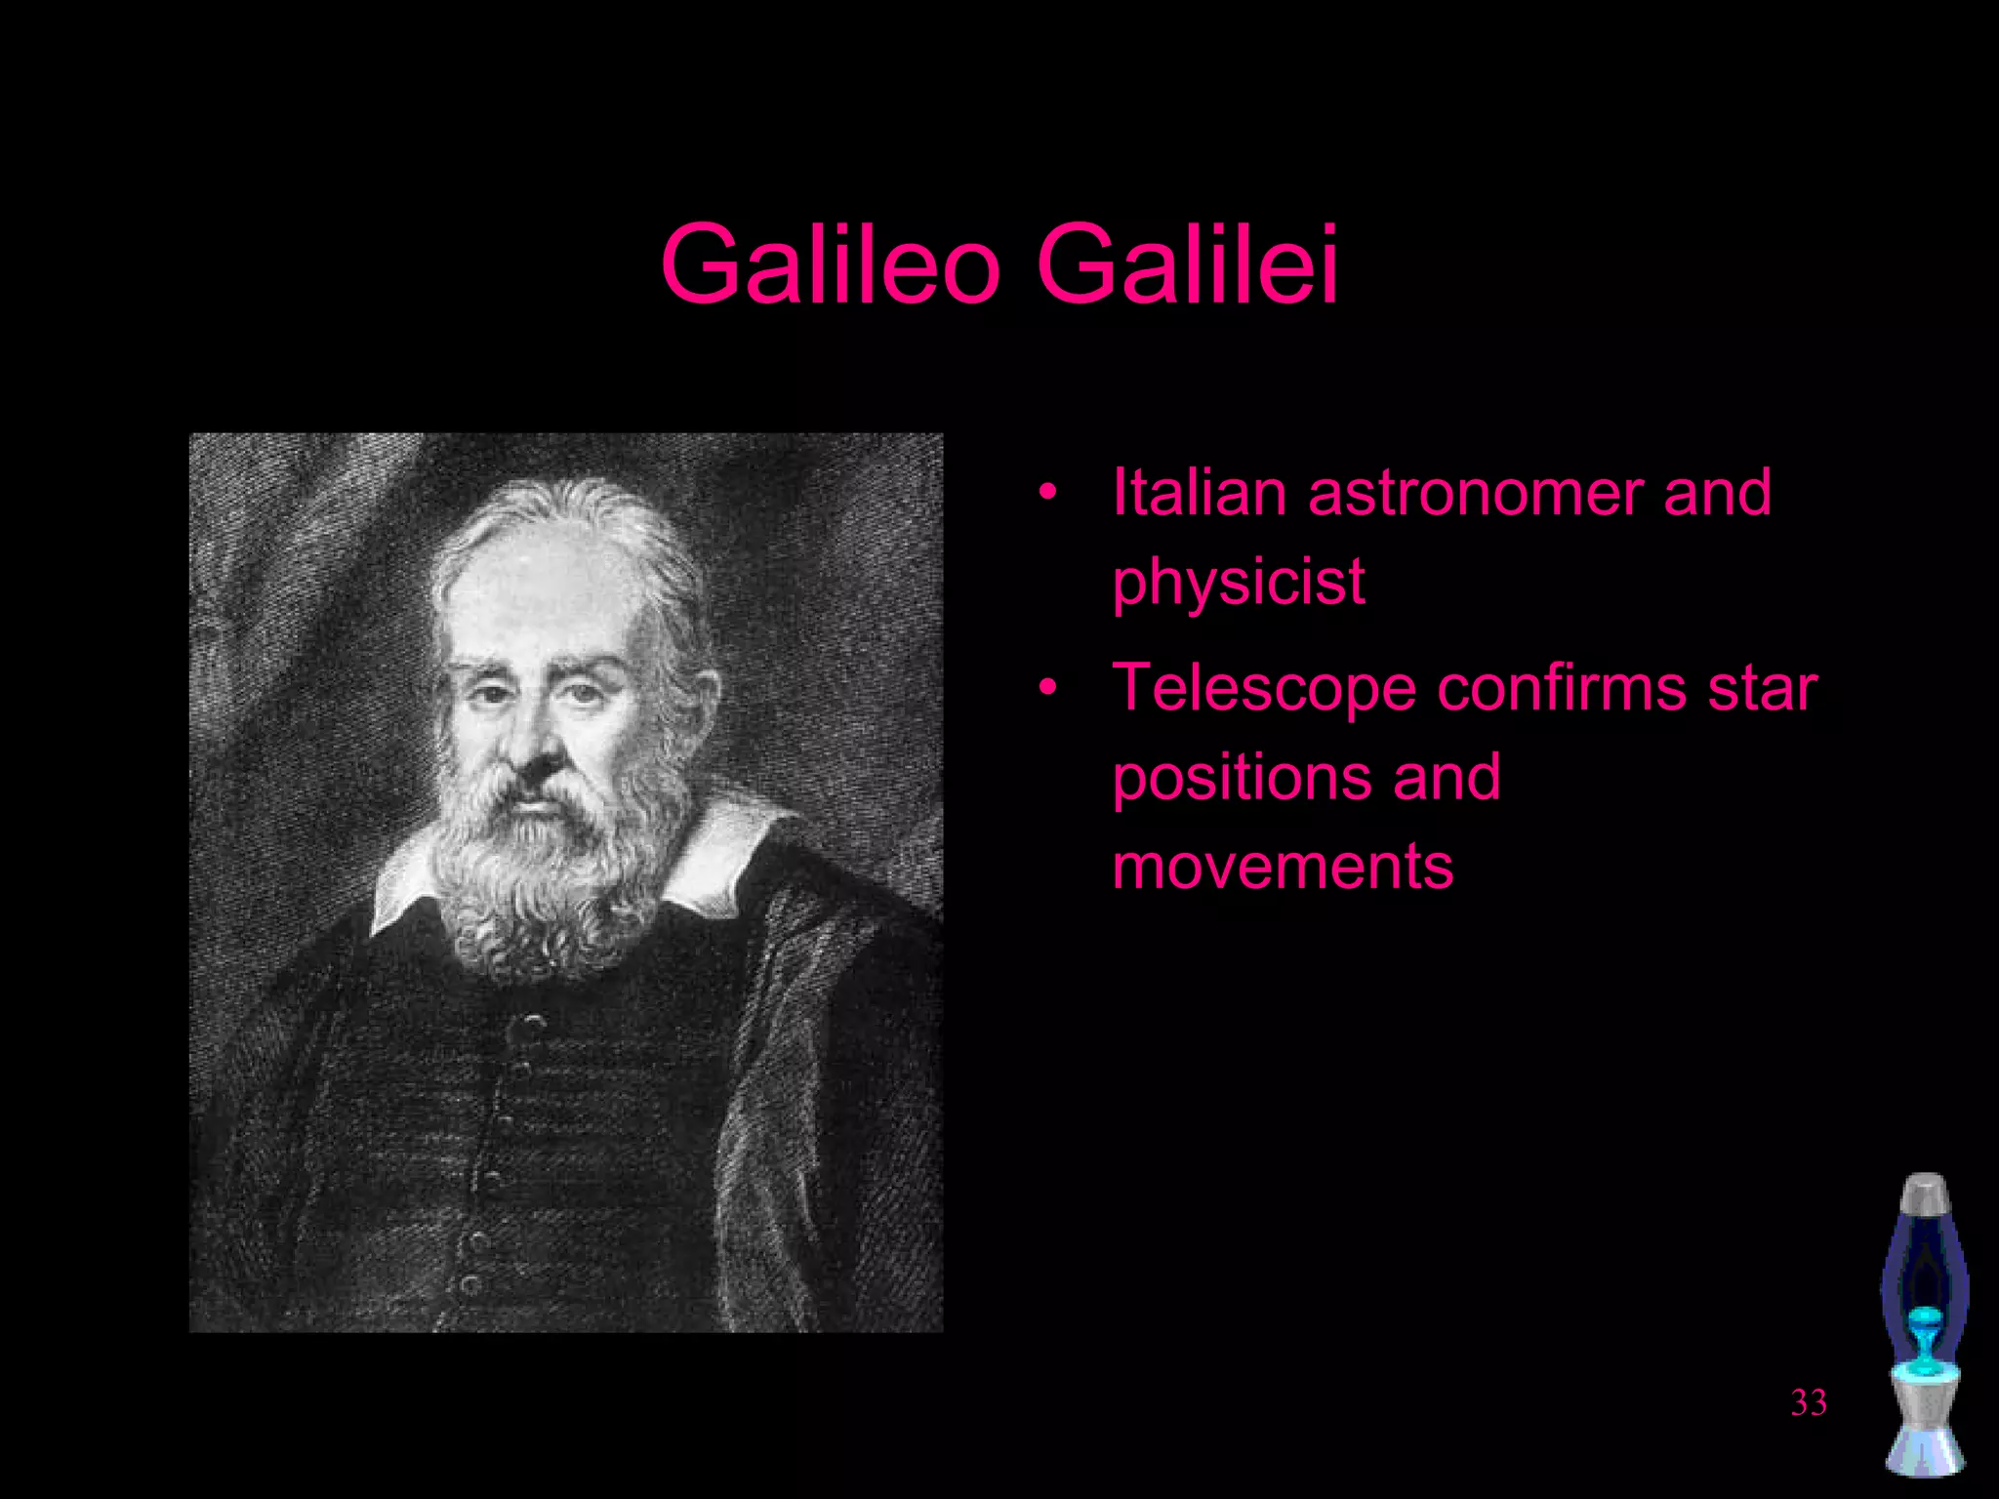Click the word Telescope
point(1264,689)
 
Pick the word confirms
point(1561,687)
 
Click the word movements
point(1283,867)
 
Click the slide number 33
point(1809,1402)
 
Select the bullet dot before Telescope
point(1048,688)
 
